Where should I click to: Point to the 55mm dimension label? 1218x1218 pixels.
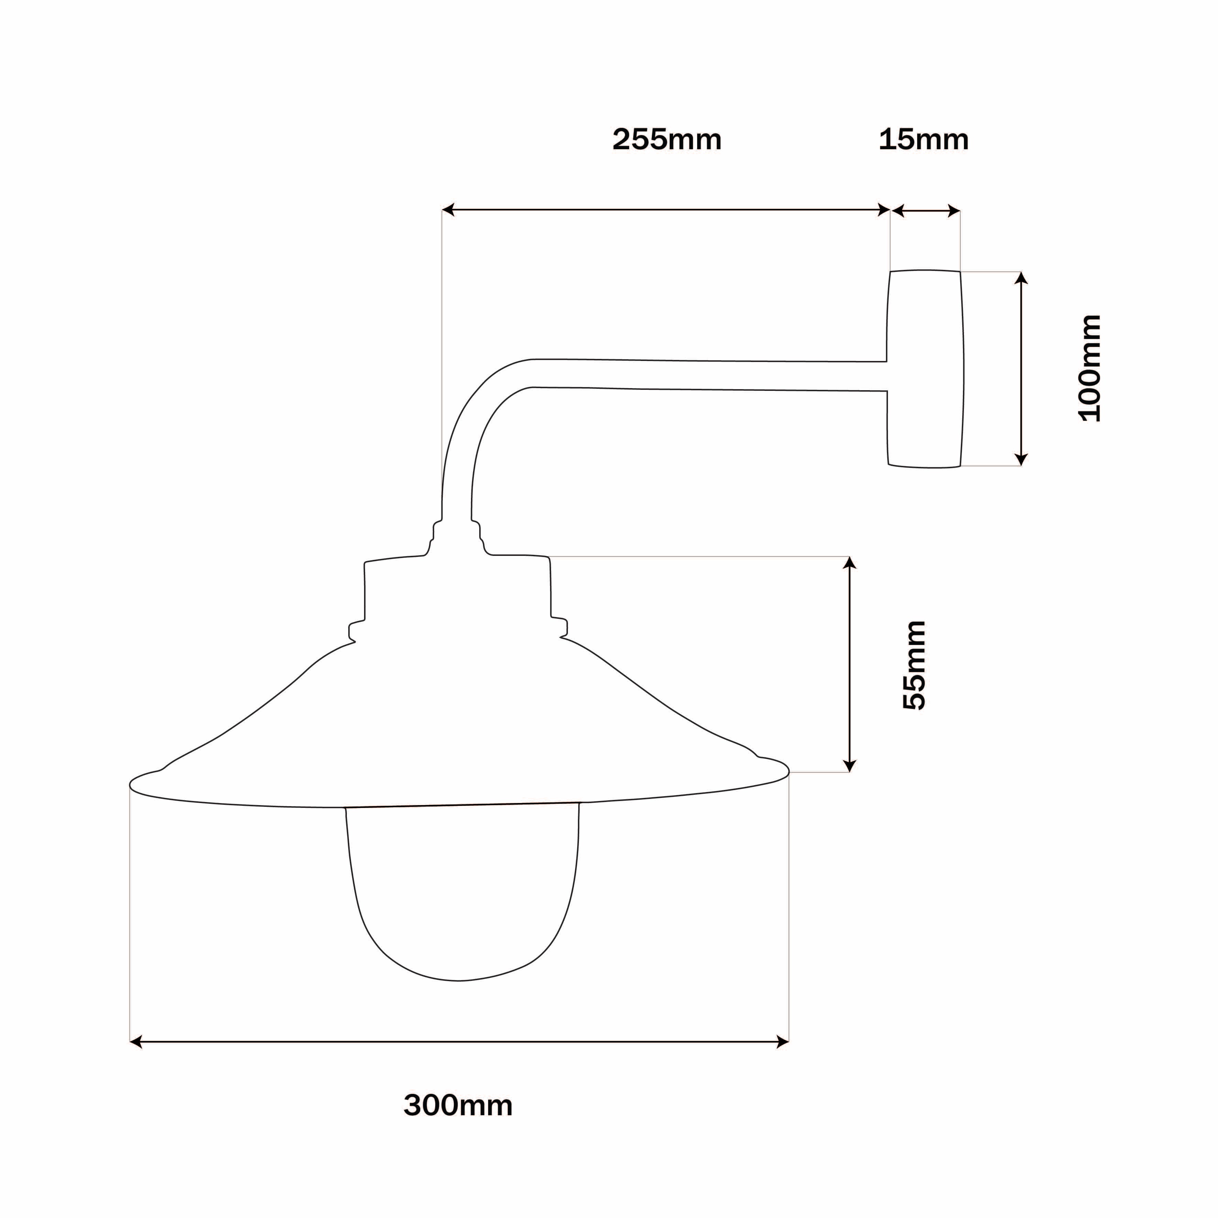coord(914,665)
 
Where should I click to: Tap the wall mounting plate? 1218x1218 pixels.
coord(925,369)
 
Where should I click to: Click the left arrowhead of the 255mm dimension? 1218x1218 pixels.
coord(448,210)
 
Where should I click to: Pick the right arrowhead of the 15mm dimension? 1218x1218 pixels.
coord(954,211)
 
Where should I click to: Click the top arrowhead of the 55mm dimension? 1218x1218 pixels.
coord(850,562)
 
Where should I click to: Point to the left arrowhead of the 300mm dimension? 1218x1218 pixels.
coord(135,1042)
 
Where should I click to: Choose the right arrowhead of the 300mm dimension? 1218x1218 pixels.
coord(783,1042)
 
